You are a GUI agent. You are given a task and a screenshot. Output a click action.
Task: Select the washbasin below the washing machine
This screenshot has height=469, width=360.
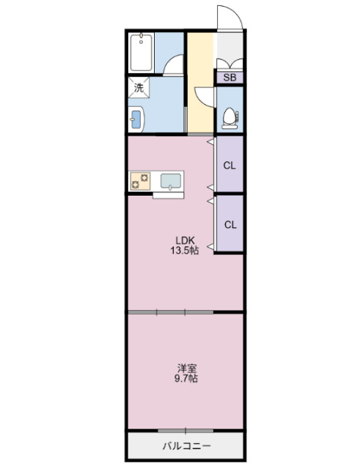pyautogui.click(x=137, y=117)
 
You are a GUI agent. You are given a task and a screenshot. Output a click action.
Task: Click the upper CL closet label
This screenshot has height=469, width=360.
pyautogui.click(x=229, y=165)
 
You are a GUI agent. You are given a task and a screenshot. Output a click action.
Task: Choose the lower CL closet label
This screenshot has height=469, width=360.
pyautogui.click(x=229, y=224)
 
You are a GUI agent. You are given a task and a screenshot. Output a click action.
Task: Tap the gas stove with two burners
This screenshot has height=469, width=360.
pyautogui.click(x=141, y=180)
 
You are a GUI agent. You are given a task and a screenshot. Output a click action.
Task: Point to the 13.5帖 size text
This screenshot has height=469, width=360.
pyautogui.click(x=185, y=250)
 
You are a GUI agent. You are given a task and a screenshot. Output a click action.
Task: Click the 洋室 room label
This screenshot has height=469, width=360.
pyautogui.click(x=185, y=368)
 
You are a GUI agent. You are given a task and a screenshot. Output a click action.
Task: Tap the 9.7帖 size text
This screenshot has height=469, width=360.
pyautogui.click(x=185, y=380)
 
